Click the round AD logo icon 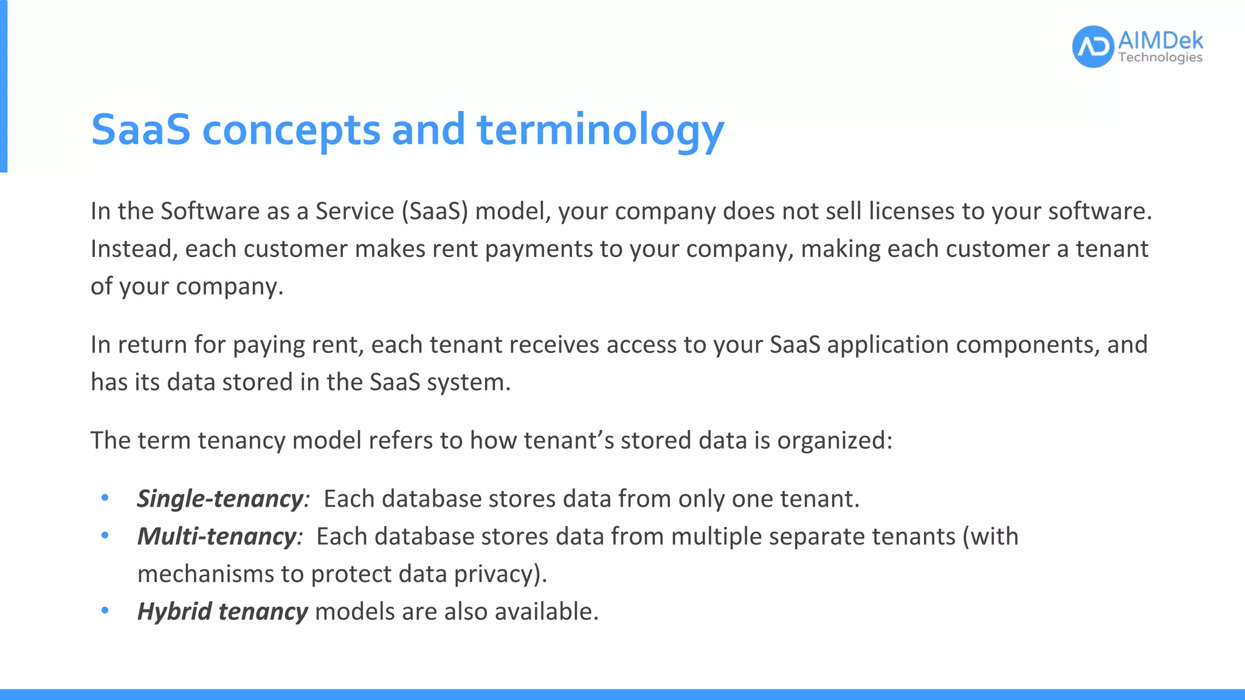tap(1093, 47)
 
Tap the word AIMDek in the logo tap(1160, 41)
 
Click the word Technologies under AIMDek tap(1160, 58)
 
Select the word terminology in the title tap(601, 130)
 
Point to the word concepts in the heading tap(291, 130)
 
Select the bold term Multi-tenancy tap(217, 537)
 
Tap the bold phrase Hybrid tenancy tap(222, 611)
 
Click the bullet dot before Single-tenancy tap(105, 498)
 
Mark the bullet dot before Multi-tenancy tap(105, 536)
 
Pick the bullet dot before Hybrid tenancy tap(105, 611)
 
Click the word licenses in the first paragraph tap(911, 211)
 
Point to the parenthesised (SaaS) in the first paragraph tap(435, 211)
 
